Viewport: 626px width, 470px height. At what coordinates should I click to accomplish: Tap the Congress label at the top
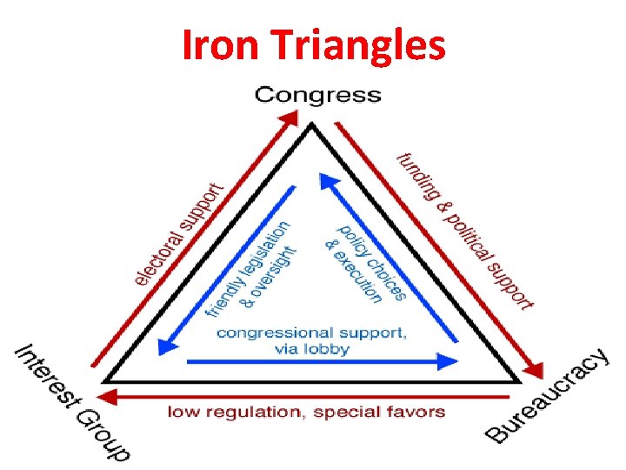[317, 94]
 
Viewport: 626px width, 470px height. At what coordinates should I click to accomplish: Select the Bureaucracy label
[546, 396]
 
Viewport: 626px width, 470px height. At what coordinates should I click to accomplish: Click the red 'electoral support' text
[179, 232]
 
